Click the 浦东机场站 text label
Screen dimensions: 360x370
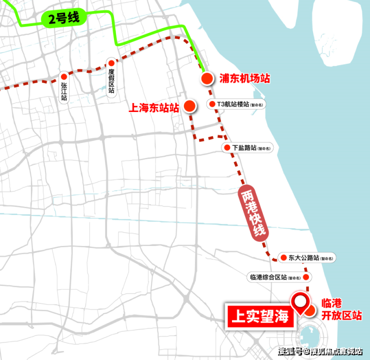click(x=244, y=78)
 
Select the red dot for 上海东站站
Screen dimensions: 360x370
click(x=189, y=105)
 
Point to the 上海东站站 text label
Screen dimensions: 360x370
click(x=154, y=106)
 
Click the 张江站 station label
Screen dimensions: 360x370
click(x=64, y=88)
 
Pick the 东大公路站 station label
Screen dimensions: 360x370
click(x=305, y=258)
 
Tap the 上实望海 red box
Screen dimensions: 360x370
click(x=258, y=315)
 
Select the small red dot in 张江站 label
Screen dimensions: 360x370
click(x=64, y=76)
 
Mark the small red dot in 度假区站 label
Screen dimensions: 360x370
click(x=111, y=63)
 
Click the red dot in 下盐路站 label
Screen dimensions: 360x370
click(x=226, y=148)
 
